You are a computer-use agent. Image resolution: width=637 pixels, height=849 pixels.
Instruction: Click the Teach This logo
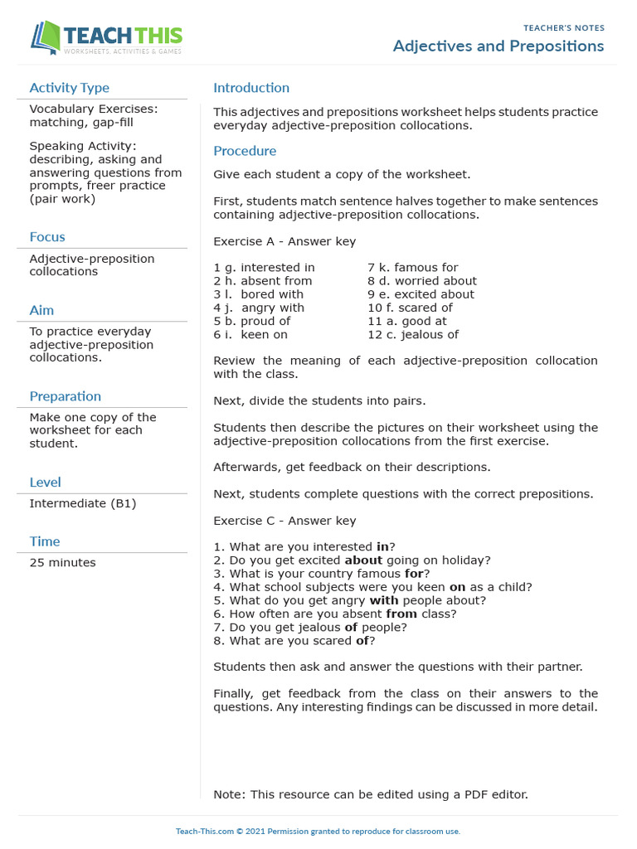coord(106,38)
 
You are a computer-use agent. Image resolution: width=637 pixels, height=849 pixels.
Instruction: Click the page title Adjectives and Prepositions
coord(498,46)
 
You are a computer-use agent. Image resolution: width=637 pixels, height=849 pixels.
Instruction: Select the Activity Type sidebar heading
coord(69,88)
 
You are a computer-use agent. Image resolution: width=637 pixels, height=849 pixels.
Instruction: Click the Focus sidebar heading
coord(47,237)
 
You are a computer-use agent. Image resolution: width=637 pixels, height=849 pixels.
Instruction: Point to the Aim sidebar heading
coord(41,310)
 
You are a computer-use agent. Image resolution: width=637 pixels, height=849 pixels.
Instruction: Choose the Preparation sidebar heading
coord(66,396)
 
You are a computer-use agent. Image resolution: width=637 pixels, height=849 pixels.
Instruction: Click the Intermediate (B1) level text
coord(83,503)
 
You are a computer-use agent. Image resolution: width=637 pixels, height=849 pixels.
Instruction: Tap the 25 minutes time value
coord(62,563)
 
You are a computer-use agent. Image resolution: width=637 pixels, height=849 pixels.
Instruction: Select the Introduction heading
coord(251,88)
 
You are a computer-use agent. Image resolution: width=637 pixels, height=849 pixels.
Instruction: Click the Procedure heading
coord(245,151)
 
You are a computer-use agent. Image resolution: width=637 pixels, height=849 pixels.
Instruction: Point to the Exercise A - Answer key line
coord(284,241)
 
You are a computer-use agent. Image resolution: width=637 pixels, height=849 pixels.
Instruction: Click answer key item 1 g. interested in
coord(264,268)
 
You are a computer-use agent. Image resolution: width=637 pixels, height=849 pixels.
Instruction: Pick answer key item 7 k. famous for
coord(412,268)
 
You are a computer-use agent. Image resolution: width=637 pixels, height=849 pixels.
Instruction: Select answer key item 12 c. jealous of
coord(413,335)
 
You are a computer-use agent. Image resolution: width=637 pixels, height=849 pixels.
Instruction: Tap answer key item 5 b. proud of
coord(252,321)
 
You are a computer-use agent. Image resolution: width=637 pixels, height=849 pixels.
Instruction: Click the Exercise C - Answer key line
coord(284,521)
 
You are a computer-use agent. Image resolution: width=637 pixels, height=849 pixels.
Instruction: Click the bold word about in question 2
coord(363,560)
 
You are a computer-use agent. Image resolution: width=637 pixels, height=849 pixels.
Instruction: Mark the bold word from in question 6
coord(401,614)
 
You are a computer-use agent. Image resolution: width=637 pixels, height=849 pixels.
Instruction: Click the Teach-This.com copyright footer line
coord(318,831)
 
